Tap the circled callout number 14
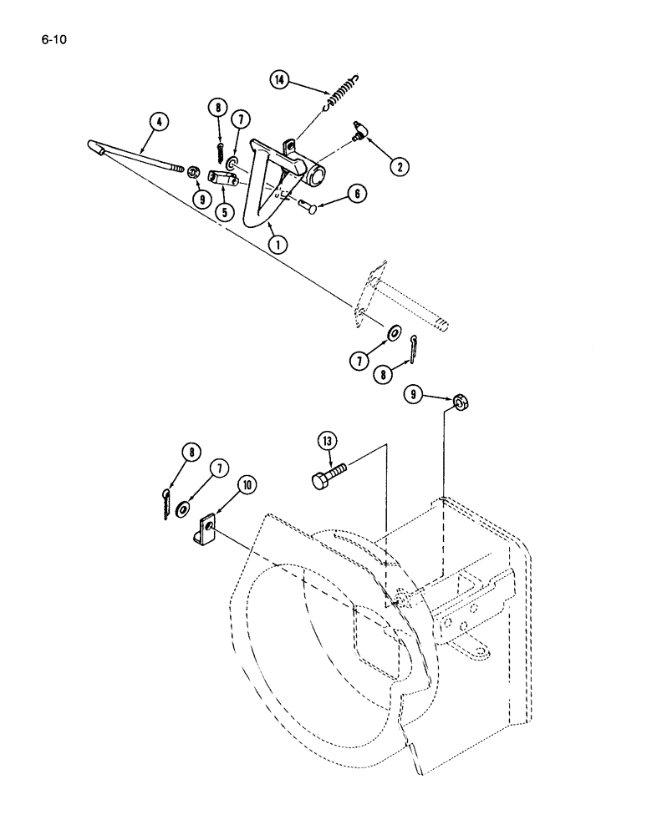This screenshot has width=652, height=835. coord(279,80)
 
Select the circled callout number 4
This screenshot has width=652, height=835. coord(158,122)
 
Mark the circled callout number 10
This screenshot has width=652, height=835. coord(226,484)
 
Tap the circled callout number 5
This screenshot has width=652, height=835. coord(224,211)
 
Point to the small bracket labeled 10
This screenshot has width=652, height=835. coord(207,531)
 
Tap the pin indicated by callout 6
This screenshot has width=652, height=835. coord(307,205)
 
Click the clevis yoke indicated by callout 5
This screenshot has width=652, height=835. coord(224,178)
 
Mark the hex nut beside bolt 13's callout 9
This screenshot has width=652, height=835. coord(459,404)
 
